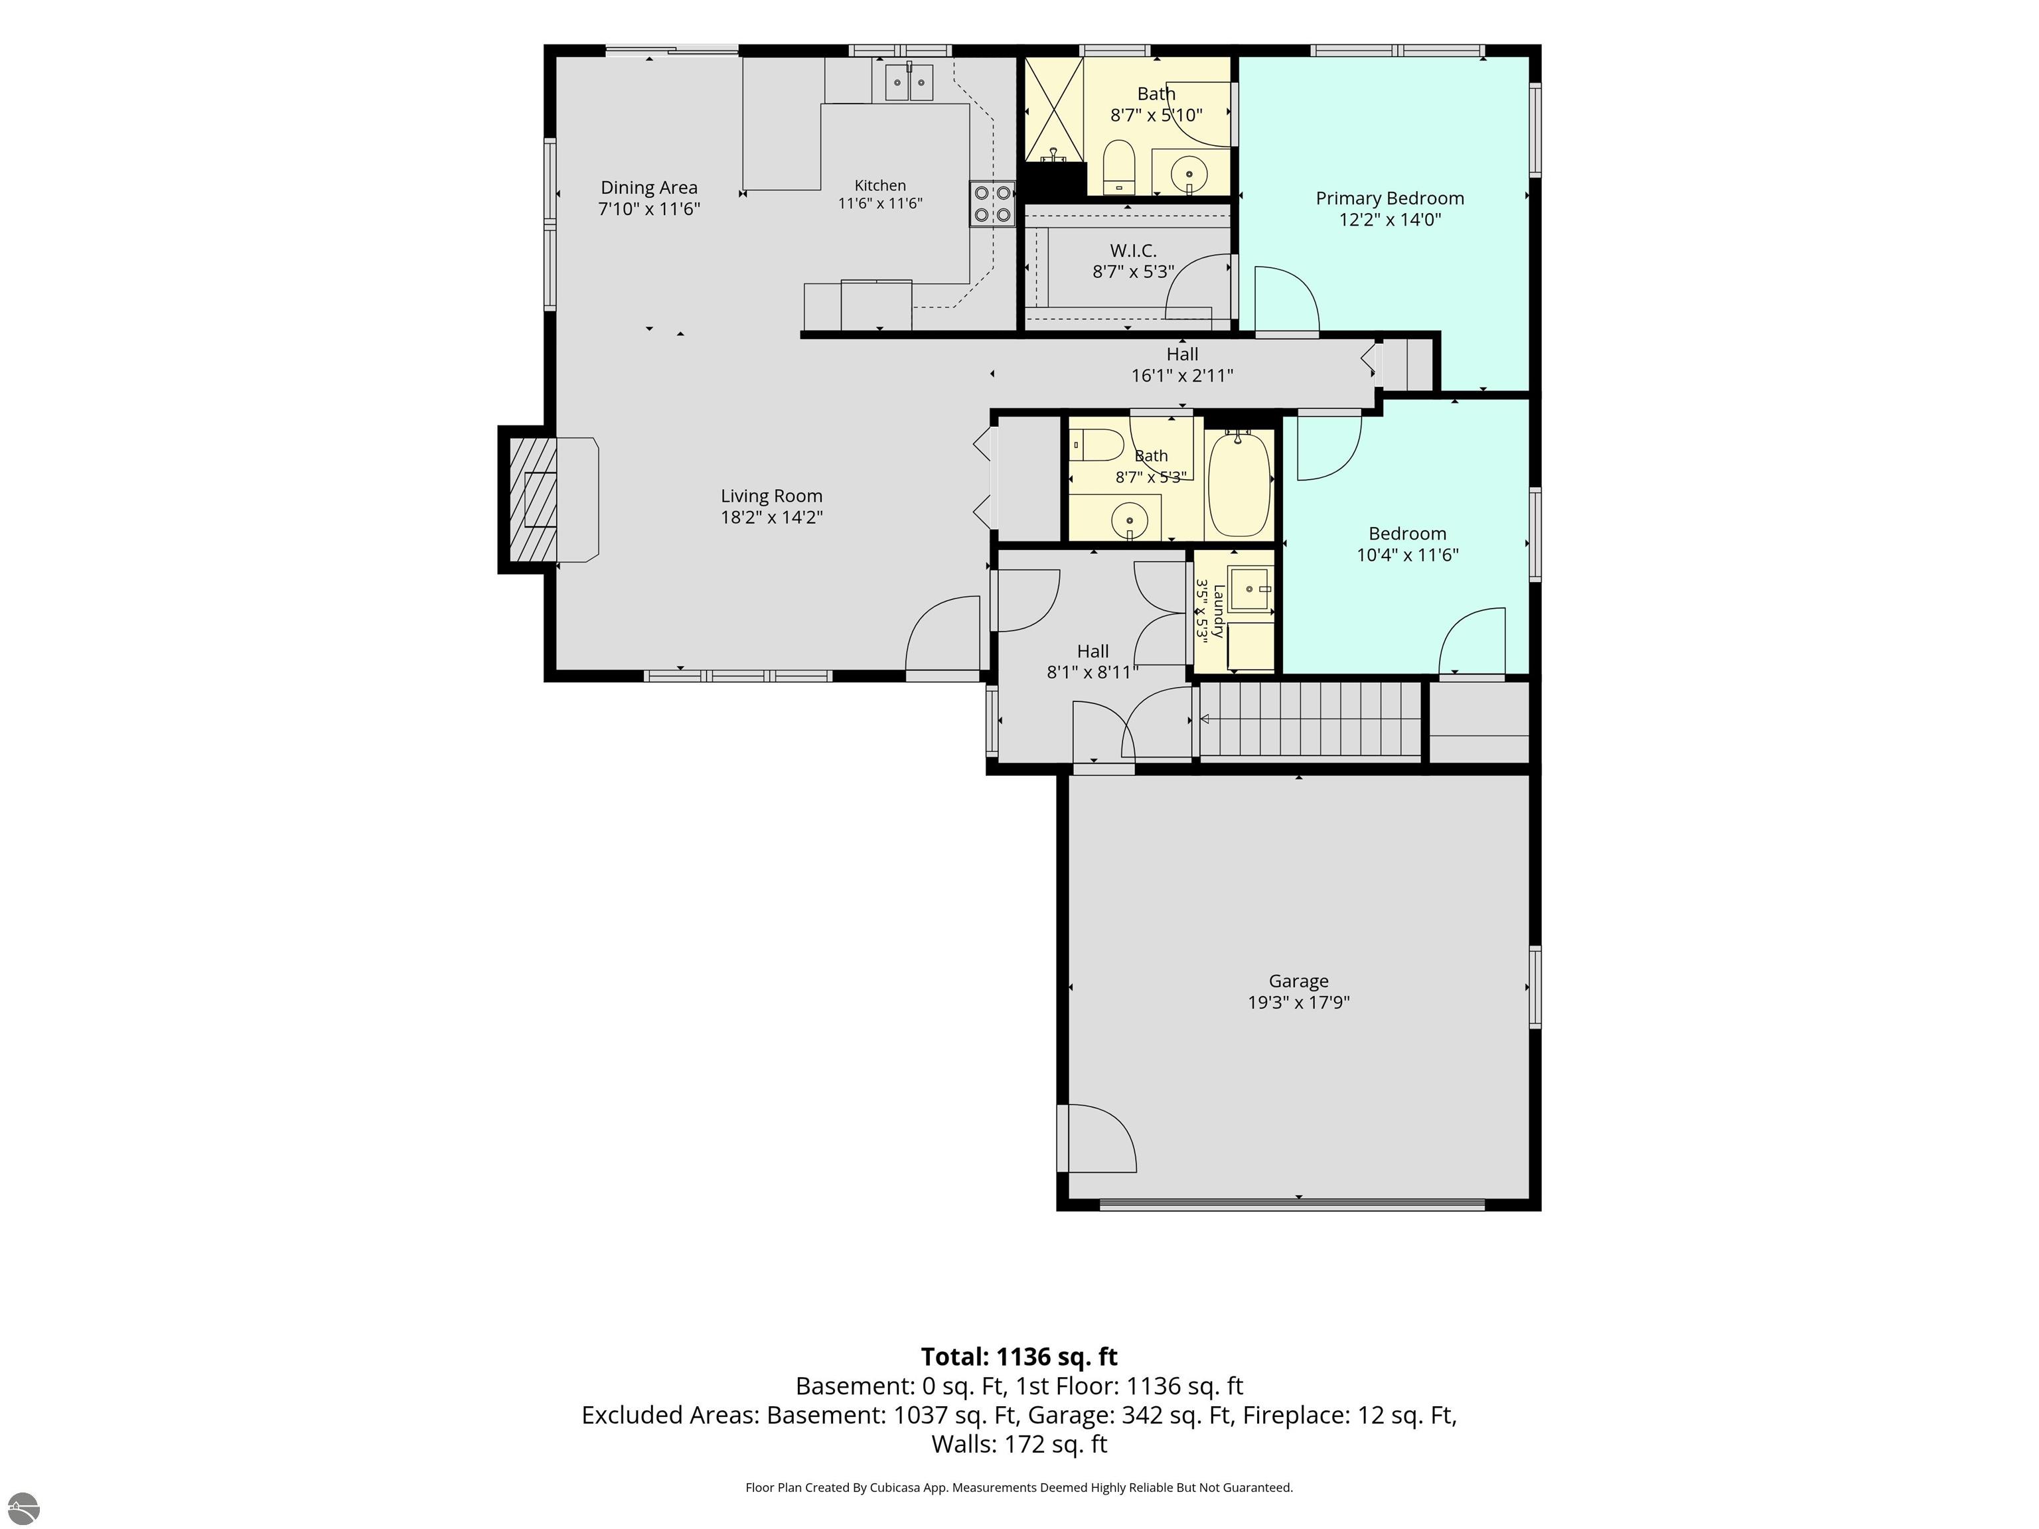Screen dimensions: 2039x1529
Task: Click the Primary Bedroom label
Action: (x=1389, y=198)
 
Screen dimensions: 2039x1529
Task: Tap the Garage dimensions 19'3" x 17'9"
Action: (x=1299, y=1003)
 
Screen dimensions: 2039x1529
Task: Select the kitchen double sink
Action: (x=909, y=82)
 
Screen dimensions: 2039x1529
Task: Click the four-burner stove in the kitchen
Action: (x=992, y=204)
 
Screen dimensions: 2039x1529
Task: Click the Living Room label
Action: (x=771, y=496)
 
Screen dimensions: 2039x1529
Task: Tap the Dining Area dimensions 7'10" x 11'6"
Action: (x=649, y=209)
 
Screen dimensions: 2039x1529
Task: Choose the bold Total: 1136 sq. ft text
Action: (x=1019, y=1356)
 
